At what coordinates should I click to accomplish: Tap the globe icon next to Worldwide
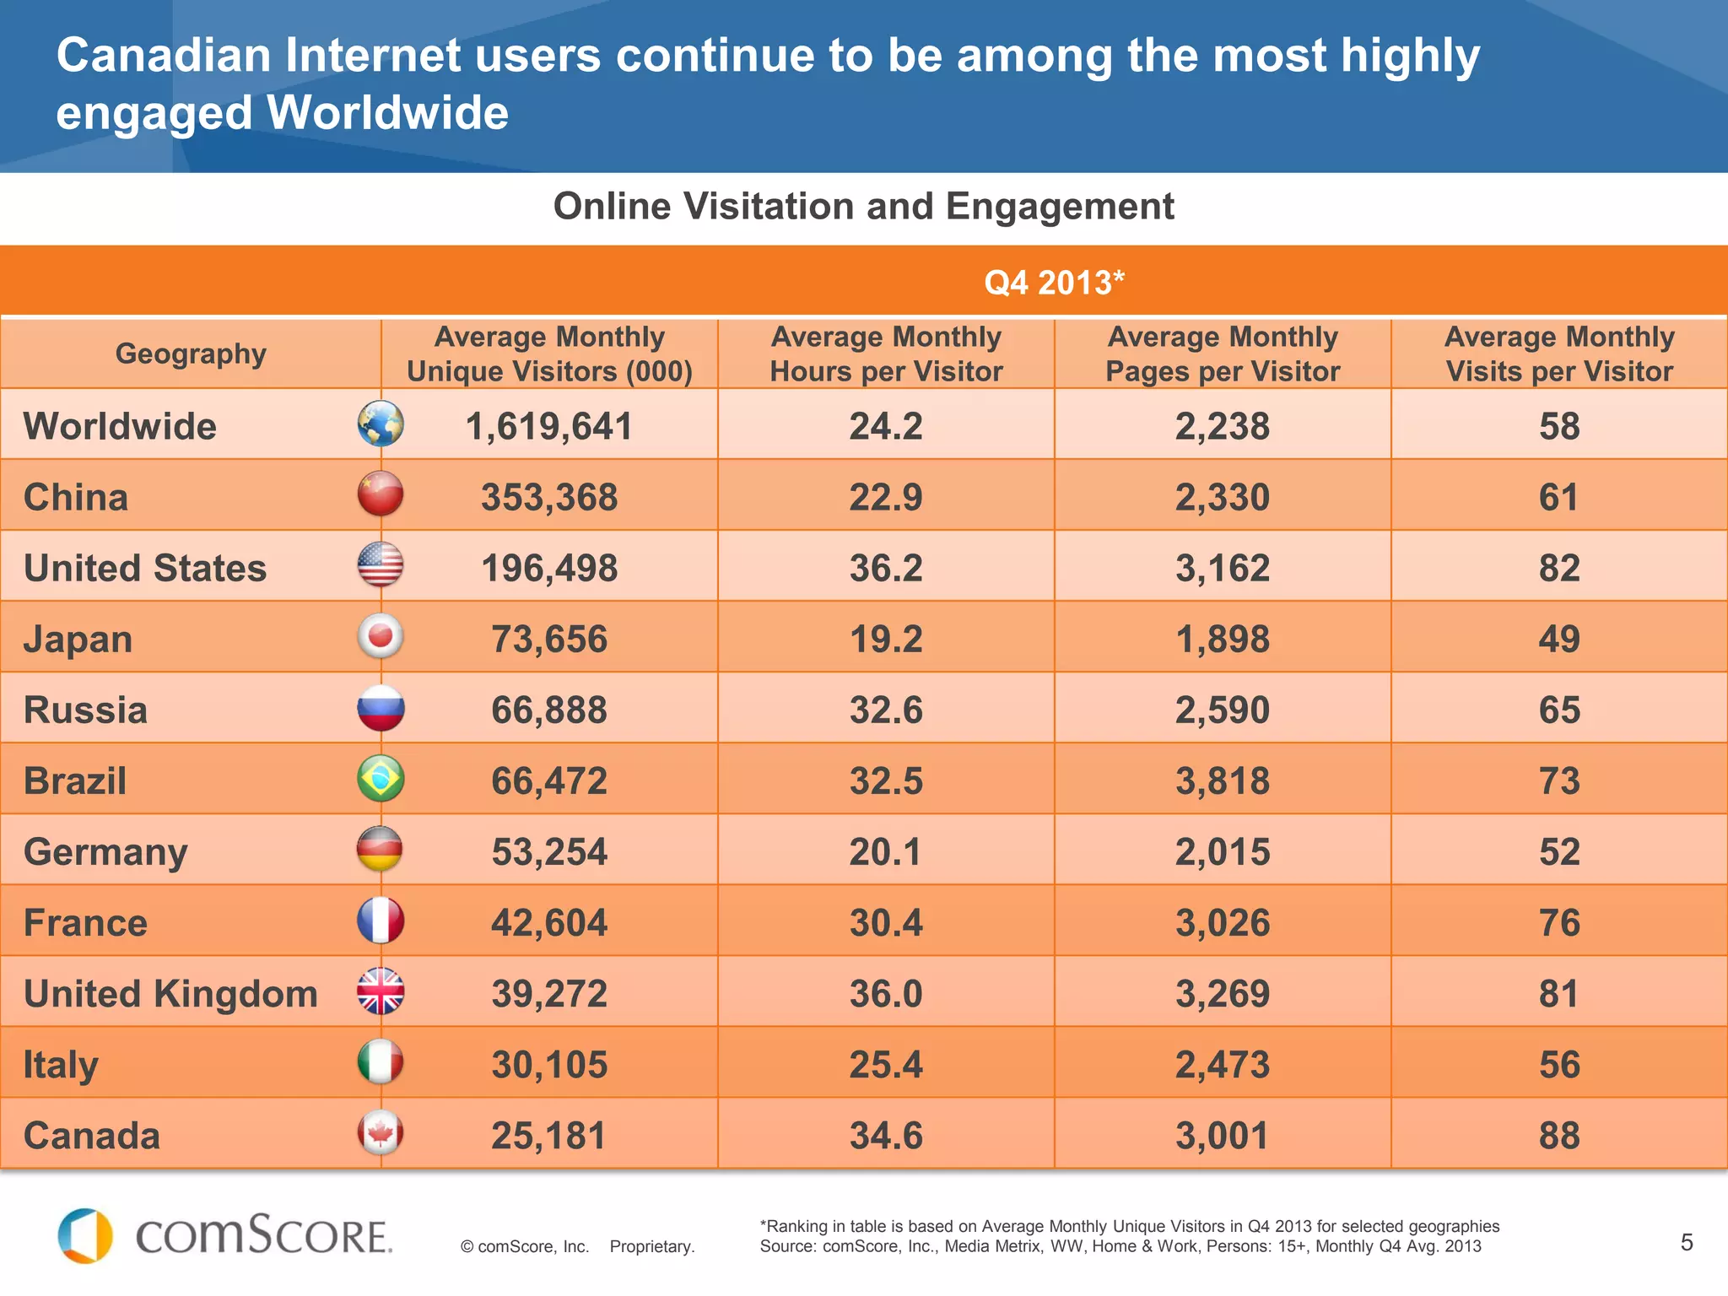point(381,424)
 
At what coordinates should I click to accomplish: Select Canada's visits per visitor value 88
point(1558,1136)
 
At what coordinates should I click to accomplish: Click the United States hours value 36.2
point(885,568)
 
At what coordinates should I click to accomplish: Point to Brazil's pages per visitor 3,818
point(1222,780)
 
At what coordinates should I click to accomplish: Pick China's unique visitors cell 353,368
point(549,497)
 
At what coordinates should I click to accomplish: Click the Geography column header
point(191,354)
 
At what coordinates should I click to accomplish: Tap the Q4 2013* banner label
point(1054,283)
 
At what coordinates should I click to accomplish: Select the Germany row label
point(105,851)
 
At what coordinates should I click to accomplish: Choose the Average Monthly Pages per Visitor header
point(1222,354)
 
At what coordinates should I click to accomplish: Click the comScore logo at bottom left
point(224,1237)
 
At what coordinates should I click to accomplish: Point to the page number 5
point(1686,1242)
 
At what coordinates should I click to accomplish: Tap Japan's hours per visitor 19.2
point(885,639)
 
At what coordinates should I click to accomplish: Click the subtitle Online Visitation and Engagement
point(863,207)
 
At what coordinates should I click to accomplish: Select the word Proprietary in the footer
point(651,1246)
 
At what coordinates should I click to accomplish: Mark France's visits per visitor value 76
point(1558,922)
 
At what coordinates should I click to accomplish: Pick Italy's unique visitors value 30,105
point(549,1065)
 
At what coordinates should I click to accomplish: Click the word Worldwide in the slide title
point(387,113)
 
